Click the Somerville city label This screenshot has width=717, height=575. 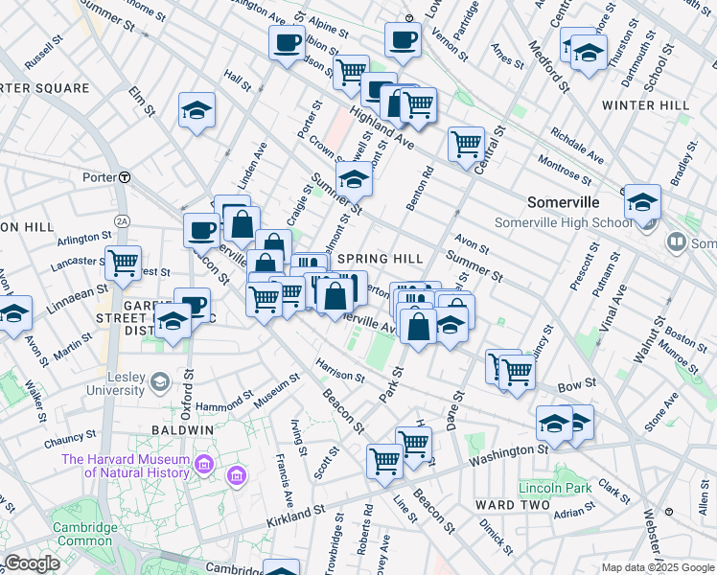click(564, 202)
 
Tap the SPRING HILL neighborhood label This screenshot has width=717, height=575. click(380, 259)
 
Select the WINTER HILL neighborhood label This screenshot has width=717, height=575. click(641, 105)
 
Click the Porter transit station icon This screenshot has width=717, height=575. click(124, 177)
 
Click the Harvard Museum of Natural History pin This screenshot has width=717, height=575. click(204, 466)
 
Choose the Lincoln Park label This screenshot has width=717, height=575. click(548, 488)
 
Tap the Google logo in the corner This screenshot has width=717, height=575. click(32, 563)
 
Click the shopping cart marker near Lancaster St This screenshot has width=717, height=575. click(123, 263)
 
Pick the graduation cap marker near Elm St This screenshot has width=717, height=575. click(197, 110)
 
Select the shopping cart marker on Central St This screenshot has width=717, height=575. click(466, 144)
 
